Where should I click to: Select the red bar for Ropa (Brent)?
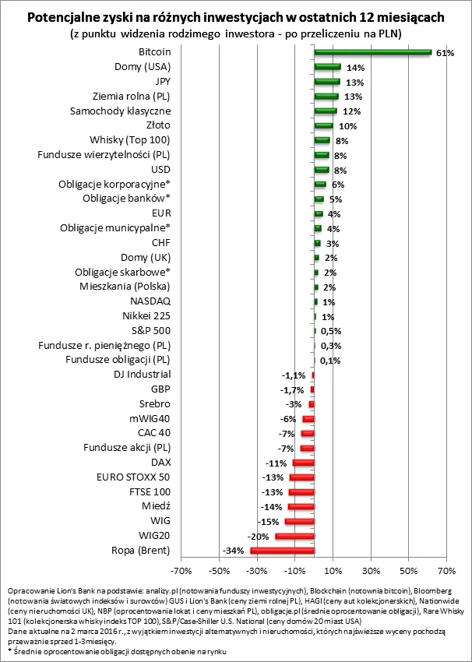point(282,550)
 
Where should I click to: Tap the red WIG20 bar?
point(294,535)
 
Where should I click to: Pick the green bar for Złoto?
point(323,125)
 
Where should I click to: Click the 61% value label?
point(445,53)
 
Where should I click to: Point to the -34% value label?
point(234,551)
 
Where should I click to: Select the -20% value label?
point(259,536)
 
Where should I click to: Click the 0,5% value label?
point(331,331)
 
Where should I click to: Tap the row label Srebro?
point(153,403)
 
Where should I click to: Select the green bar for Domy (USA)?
point(327,67)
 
